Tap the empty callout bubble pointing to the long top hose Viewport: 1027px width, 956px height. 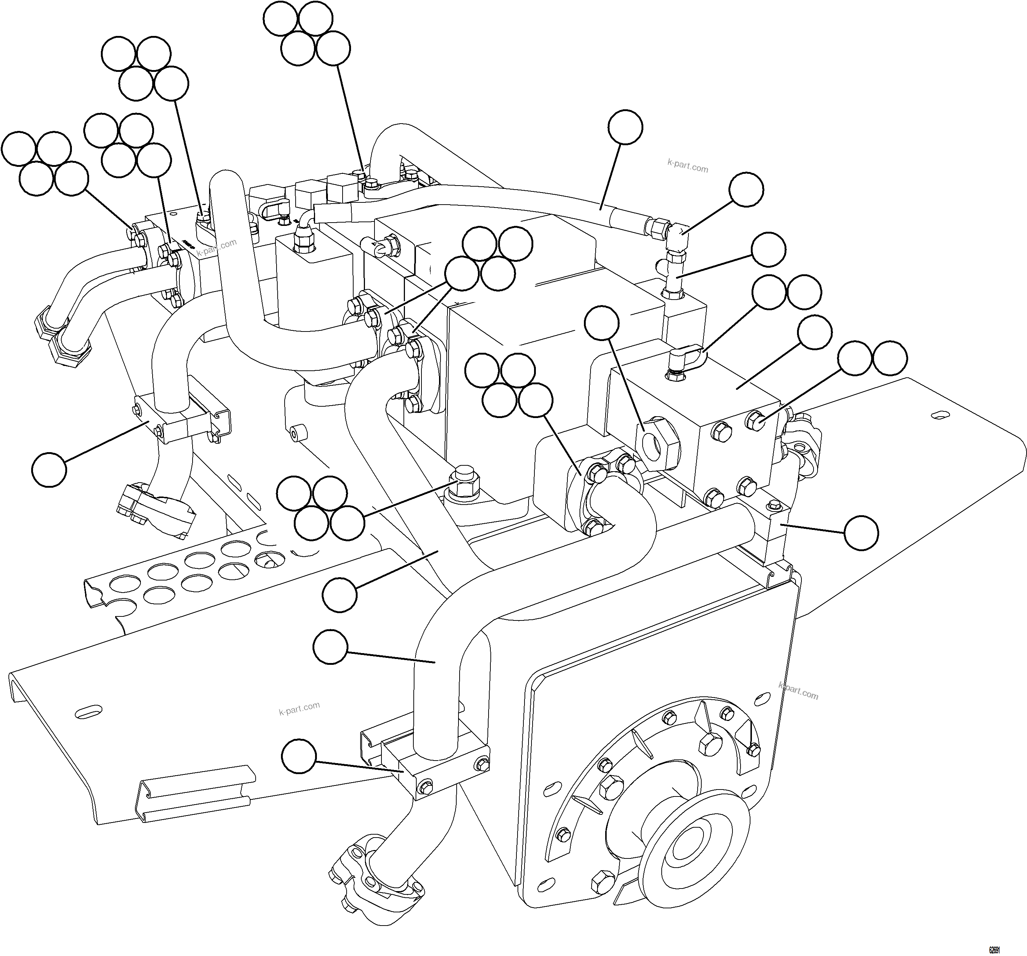[x=625, y=127]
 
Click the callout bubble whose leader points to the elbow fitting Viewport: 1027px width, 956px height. [x=746, y=190]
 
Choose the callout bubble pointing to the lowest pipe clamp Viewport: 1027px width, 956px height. [x=299, y=756]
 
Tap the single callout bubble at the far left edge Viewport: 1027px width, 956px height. [x=49, y=469]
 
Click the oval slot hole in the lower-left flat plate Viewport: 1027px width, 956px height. [x=88, y=712]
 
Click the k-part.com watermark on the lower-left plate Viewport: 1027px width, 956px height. [x=299, y=708]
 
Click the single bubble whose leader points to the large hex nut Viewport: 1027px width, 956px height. [x=601, y=323]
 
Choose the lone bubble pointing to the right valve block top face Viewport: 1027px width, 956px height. [x=815, y=333]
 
